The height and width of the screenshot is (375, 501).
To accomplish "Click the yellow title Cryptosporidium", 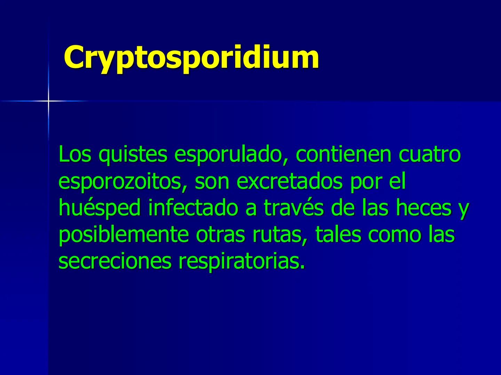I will click(191, 57).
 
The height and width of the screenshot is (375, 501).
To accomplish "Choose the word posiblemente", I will click(124, 235).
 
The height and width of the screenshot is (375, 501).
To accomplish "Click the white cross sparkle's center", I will click(48, 101).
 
